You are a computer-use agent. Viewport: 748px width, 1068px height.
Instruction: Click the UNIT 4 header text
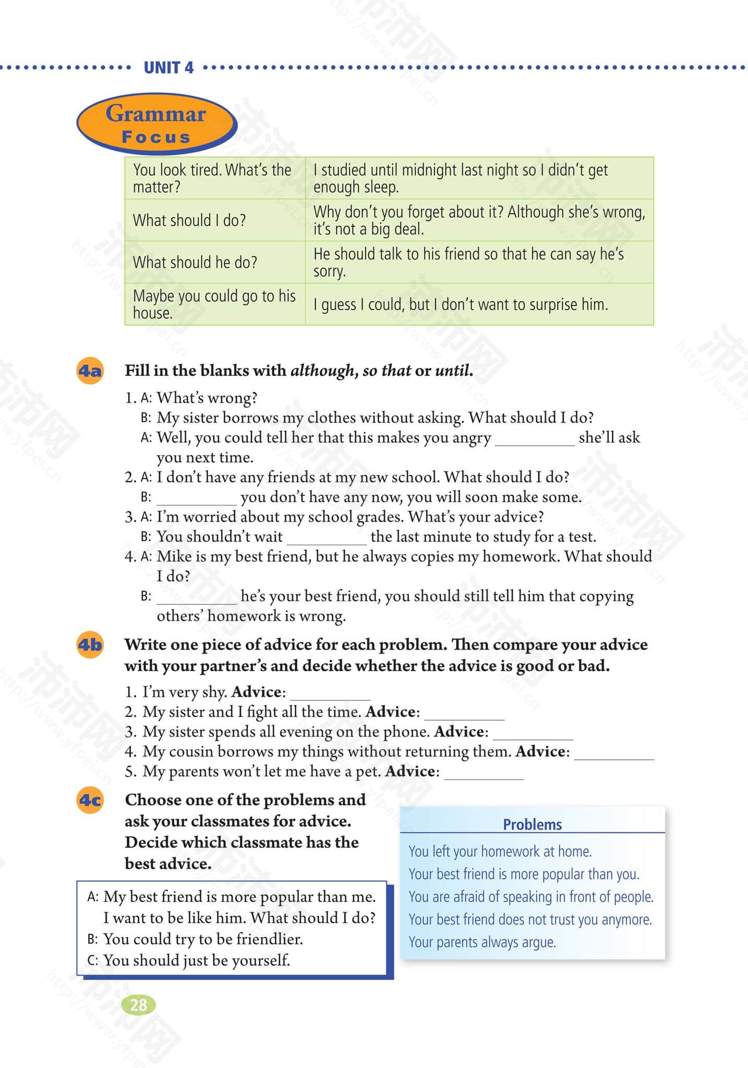pyautogui.click(x=168, y=68)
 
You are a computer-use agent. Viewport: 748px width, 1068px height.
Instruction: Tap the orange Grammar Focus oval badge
pyautogui.click(x=156, y=124)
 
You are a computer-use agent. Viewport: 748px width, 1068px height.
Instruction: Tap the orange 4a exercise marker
pyautogui.click(x=90, y=371)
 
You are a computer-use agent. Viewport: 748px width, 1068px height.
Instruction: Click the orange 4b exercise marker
pyautogui.click(x=90, y=645)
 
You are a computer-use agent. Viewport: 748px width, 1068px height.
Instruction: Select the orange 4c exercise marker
pyautogui.click(x=90, y=800)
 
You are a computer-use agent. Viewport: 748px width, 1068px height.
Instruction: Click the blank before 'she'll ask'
pyautogui.click(x=535, y=441)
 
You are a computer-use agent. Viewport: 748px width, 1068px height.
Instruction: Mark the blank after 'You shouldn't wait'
pyautogui.click(x=327, y=540)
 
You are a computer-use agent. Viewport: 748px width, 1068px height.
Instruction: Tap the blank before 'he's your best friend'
pyautogui.click(x=197, y=600)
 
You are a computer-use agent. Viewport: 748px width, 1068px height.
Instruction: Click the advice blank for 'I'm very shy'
pyautogui.click(x=330, y=695)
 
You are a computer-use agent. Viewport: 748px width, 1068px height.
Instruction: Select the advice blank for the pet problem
pyautogui.click(x=484, y=774)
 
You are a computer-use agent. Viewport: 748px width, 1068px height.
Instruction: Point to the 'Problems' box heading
pyautogui.click(x=532, y=824)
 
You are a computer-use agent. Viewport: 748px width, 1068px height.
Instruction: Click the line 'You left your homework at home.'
pyautogui.click(x=500, y=852)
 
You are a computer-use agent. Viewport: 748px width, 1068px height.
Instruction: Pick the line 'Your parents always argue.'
pyautogui.click(x=482, y=942)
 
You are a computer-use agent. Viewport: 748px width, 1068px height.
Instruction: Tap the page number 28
pyautogui.click(x=139, y=1004)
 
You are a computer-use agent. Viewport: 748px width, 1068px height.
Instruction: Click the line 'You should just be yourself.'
pyautogui.click(x=197, y=960)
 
